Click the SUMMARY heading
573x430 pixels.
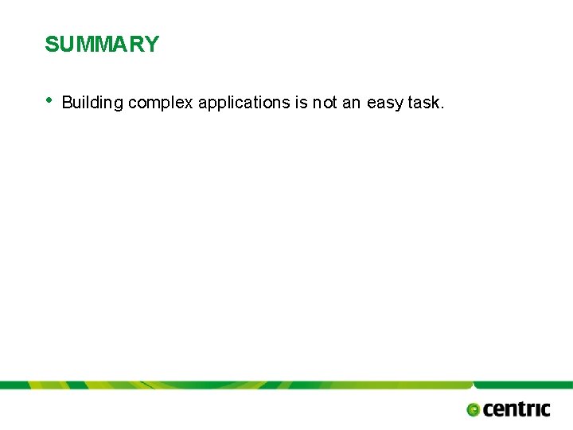[x=102, y=45]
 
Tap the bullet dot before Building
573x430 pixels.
[x=49, y=100]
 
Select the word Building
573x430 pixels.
[x=92, y=103]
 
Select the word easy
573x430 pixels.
[x=385, y=103]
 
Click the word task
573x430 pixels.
[x=423, y=103]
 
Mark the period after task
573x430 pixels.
[x=441, y=107]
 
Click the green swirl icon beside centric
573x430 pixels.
[x=474, y=410]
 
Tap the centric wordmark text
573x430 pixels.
[x=516, y=409]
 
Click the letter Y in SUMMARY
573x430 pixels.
[x=151, y=45]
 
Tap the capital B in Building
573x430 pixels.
[x=67, y=103]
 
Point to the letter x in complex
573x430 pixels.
[x=189, y=104]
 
